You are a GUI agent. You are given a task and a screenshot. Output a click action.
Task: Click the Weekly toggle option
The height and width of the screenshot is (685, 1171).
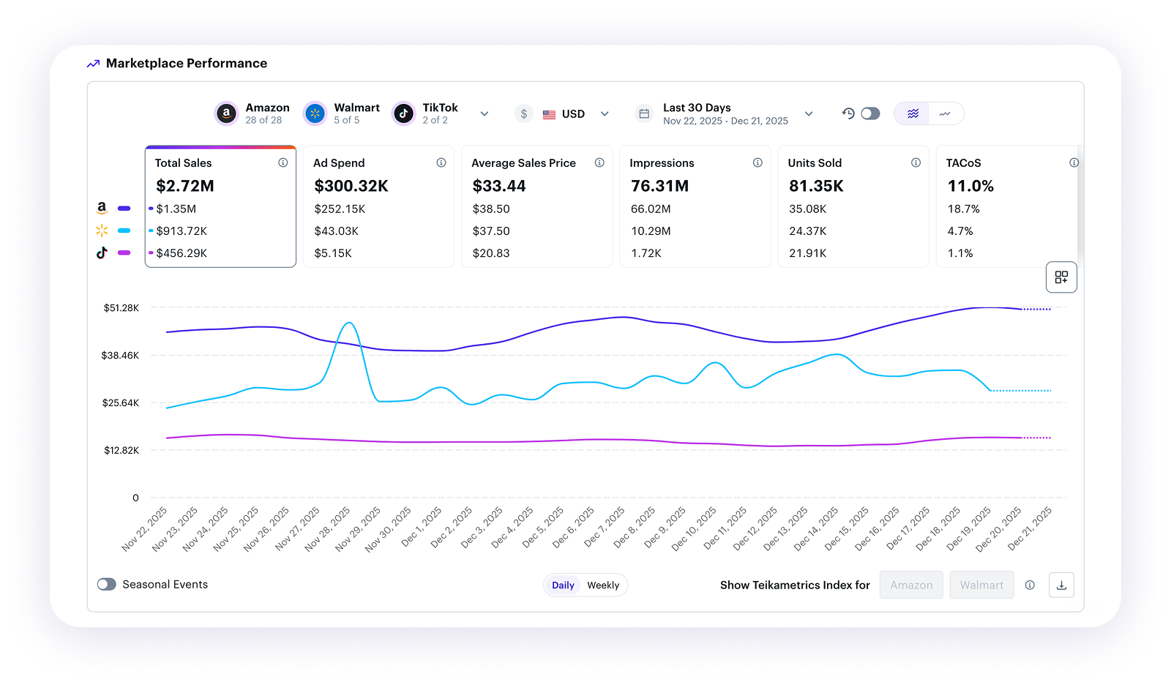click(x=603, y=585)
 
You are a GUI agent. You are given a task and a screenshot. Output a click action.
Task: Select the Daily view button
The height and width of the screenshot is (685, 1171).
click(x=563, y=585)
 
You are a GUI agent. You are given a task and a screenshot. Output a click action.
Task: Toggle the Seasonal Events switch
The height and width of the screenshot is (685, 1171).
click(x=107, y=584)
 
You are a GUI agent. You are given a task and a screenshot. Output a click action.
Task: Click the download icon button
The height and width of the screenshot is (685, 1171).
click(x=1061, y=585)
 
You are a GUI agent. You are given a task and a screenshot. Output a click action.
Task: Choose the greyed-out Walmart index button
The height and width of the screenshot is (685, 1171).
click(x=981, y=585)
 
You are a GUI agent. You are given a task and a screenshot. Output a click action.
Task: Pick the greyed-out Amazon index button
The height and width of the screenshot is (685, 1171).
click(x=911, y=585)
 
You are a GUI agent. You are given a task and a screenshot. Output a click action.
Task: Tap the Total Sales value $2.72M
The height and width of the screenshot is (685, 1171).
click(x=185, y=186)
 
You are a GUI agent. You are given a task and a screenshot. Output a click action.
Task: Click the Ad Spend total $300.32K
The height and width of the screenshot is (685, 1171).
click(x=351, y=186)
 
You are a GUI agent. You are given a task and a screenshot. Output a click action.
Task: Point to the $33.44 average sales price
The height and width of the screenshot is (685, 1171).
click(x=499, y=186)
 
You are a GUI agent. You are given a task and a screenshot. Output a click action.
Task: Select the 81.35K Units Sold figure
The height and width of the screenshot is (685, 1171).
click(x=816, y=186)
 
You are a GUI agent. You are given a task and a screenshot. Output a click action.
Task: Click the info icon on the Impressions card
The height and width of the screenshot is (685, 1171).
click(x=757, y=162)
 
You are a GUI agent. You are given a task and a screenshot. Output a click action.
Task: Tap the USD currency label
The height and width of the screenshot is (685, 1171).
click(x=573, y=114)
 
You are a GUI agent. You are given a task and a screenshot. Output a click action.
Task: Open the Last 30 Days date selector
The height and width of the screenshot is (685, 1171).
click(x=725, y=113)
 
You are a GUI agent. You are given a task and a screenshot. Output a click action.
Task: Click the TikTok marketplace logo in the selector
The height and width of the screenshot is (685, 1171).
click(x=403, y=113)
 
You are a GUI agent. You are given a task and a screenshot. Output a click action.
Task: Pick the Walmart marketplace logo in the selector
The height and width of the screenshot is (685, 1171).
click(x=315, y=113)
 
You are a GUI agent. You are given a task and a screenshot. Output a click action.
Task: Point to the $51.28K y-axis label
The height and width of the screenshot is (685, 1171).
click(x=121, y=308)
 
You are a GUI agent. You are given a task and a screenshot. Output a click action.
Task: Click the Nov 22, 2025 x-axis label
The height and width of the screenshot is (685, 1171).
click(x=145, y=529)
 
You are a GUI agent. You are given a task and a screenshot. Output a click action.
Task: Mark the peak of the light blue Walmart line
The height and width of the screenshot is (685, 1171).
click(x=349, y=323)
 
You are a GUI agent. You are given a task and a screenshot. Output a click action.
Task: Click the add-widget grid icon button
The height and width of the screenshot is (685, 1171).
click(x=1061, y=277)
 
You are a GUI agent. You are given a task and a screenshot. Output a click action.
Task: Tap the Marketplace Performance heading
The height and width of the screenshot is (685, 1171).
click(x=187, y=64)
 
